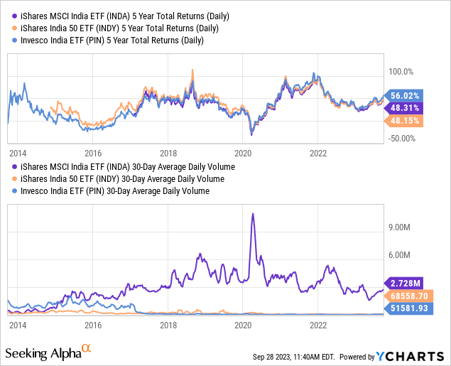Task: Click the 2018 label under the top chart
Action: click(168, 153)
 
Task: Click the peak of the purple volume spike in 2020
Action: click(252, 214)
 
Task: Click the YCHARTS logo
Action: click(410, 355)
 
